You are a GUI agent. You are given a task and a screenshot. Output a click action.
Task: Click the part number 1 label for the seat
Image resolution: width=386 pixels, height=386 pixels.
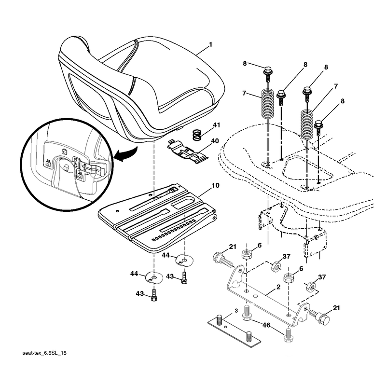(x=210, y=44)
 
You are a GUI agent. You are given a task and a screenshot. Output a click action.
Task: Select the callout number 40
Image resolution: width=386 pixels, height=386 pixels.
(x=215, y=141)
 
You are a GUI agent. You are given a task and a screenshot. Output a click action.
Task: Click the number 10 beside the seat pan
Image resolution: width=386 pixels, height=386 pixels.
(x=215, y=185)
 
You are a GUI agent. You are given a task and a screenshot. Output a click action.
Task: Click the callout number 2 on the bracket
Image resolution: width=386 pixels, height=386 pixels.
(x=278, y=287)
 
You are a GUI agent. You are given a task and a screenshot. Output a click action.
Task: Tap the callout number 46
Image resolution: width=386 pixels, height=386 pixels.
(x=266, y=325)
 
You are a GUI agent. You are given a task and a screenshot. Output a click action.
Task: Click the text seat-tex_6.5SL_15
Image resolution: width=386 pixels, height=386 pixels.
(x=44, y=353)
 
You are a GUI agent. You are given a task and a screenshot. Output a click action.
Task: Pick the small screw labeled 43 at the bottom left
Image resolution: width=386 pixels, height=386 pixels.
(x=154, y=295)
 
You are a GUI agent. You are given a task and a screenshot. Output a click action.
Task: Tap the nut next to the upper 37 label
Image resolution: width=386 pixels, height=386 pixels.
(x=275, y=267)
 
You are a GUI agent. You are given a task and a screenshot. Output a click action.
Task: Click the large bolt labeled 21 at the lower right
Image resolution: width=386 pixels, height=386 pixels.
(x=319, y=317)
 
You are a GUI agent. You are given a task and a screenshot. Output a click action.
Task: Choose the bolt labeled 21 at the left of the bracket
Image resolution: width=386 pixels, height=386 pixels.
(x=222, y=260)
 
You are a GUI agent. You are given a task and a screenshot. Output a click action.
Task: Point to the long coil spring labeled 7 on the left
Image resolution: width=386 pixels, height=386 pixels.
(x=267, y=103)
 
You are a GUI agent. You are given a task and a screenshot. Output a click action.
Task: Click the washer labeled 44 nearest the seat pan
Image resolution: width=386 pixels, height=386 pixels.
(x=185, y=261)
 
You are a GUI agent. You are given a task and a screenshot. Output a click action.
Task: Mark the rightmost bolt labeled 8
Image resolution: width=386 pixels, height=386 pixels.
(x=319, y=127)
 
